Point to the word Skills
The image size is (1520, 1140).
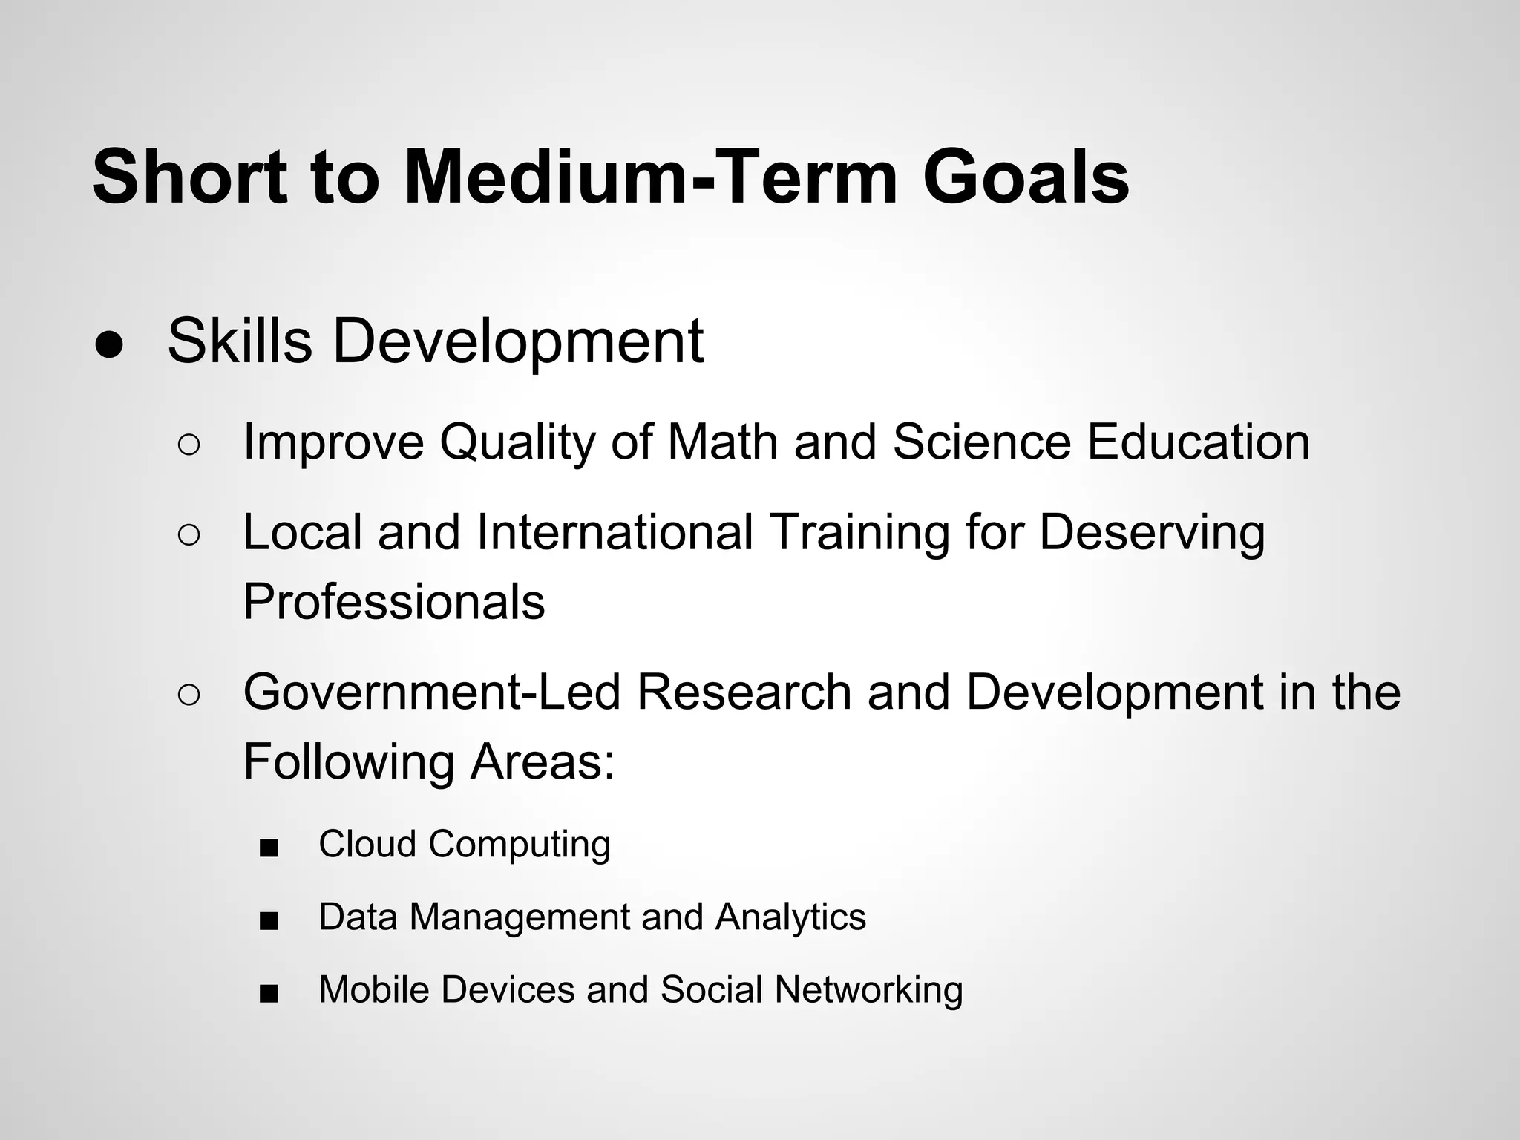point(240,341)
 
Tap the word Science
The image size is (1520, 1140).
point(981,442)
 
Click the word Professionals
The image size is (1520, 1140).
point(394,601)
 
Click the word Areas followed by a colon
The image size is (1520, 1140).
point(543,761)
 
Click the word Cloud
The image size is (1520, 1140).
point(367,844)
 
